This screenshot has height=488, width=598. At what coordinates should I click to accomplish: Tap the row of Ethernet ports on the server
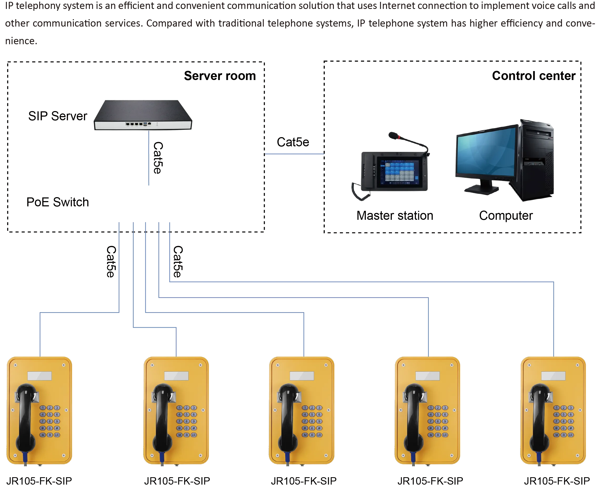point(134,124)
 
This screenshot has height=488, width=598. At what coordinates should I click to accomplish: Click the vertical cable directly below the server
point(148,160)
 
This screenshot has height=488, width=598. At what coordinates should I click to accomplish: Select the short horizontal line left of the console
point(295,154)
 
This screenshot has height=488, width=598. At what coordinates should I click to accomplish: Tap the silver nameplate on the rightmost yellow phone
point(553,376)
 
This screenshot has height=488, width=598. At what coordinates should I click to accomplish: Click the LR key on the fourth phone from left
point(445,435)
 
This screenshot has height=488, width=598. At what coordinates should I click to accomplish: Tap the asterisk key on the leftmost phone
point(43,428)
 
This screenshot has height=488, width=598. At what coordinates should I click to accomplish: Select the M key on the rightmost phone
point(556,435)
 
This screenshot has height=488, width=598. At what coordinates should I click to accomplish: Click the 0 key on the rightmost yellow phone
point(564,428)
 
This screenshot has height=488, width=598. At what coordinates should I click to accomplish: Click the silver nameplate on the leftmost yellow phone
point(40,376)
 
